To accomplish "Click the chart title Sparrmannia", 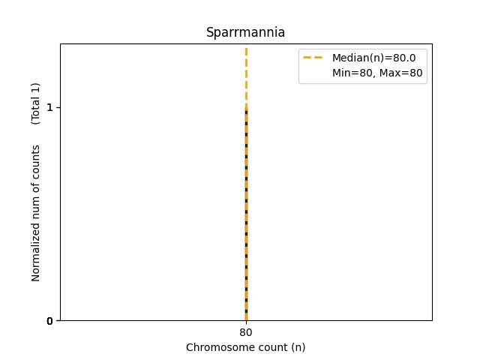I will click(245, 33).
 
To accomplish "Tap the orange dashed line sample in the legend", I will click(313, 57).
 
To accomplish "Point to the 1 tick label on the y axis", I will click(49, 107).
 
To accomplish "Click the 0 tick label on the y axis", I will click(49, 321).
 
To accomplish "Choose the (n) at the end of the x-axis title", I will click(298, 347).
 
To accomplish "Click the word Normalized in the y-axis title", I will click(35, 254).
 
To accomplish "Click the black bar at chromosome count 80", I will click(246, 225).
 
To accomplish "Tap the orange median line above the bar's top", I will click(246, 75).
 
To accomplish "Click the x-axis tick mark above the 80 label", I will click(246, 322).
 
